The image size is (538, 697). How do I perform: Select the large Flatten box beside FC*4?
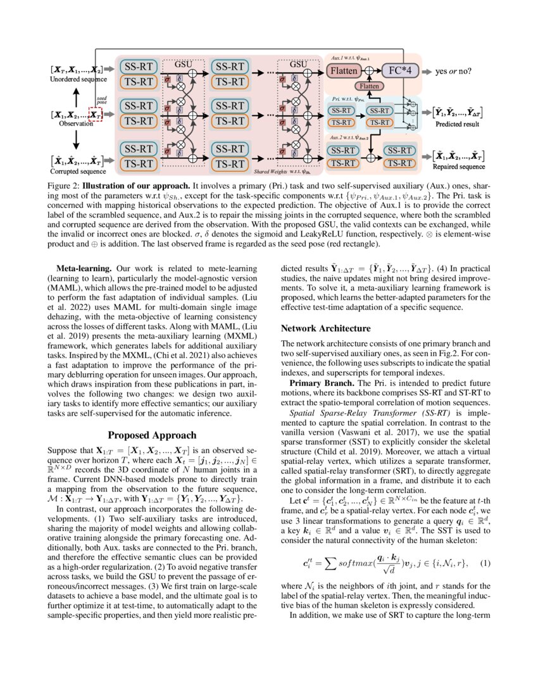click(347, 71)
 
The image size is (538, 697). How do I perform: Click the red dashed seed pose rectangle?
click(94, 115)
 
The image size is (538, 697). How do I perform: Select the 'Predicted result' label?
click(457, 124)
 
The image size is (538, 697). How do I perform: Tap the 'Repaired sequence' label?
click(458, 167)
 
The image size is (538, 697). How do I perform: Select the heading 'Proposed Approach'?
click(153, 435)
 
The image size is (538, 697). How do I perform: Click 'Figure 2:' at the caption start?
click(65, 186)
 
